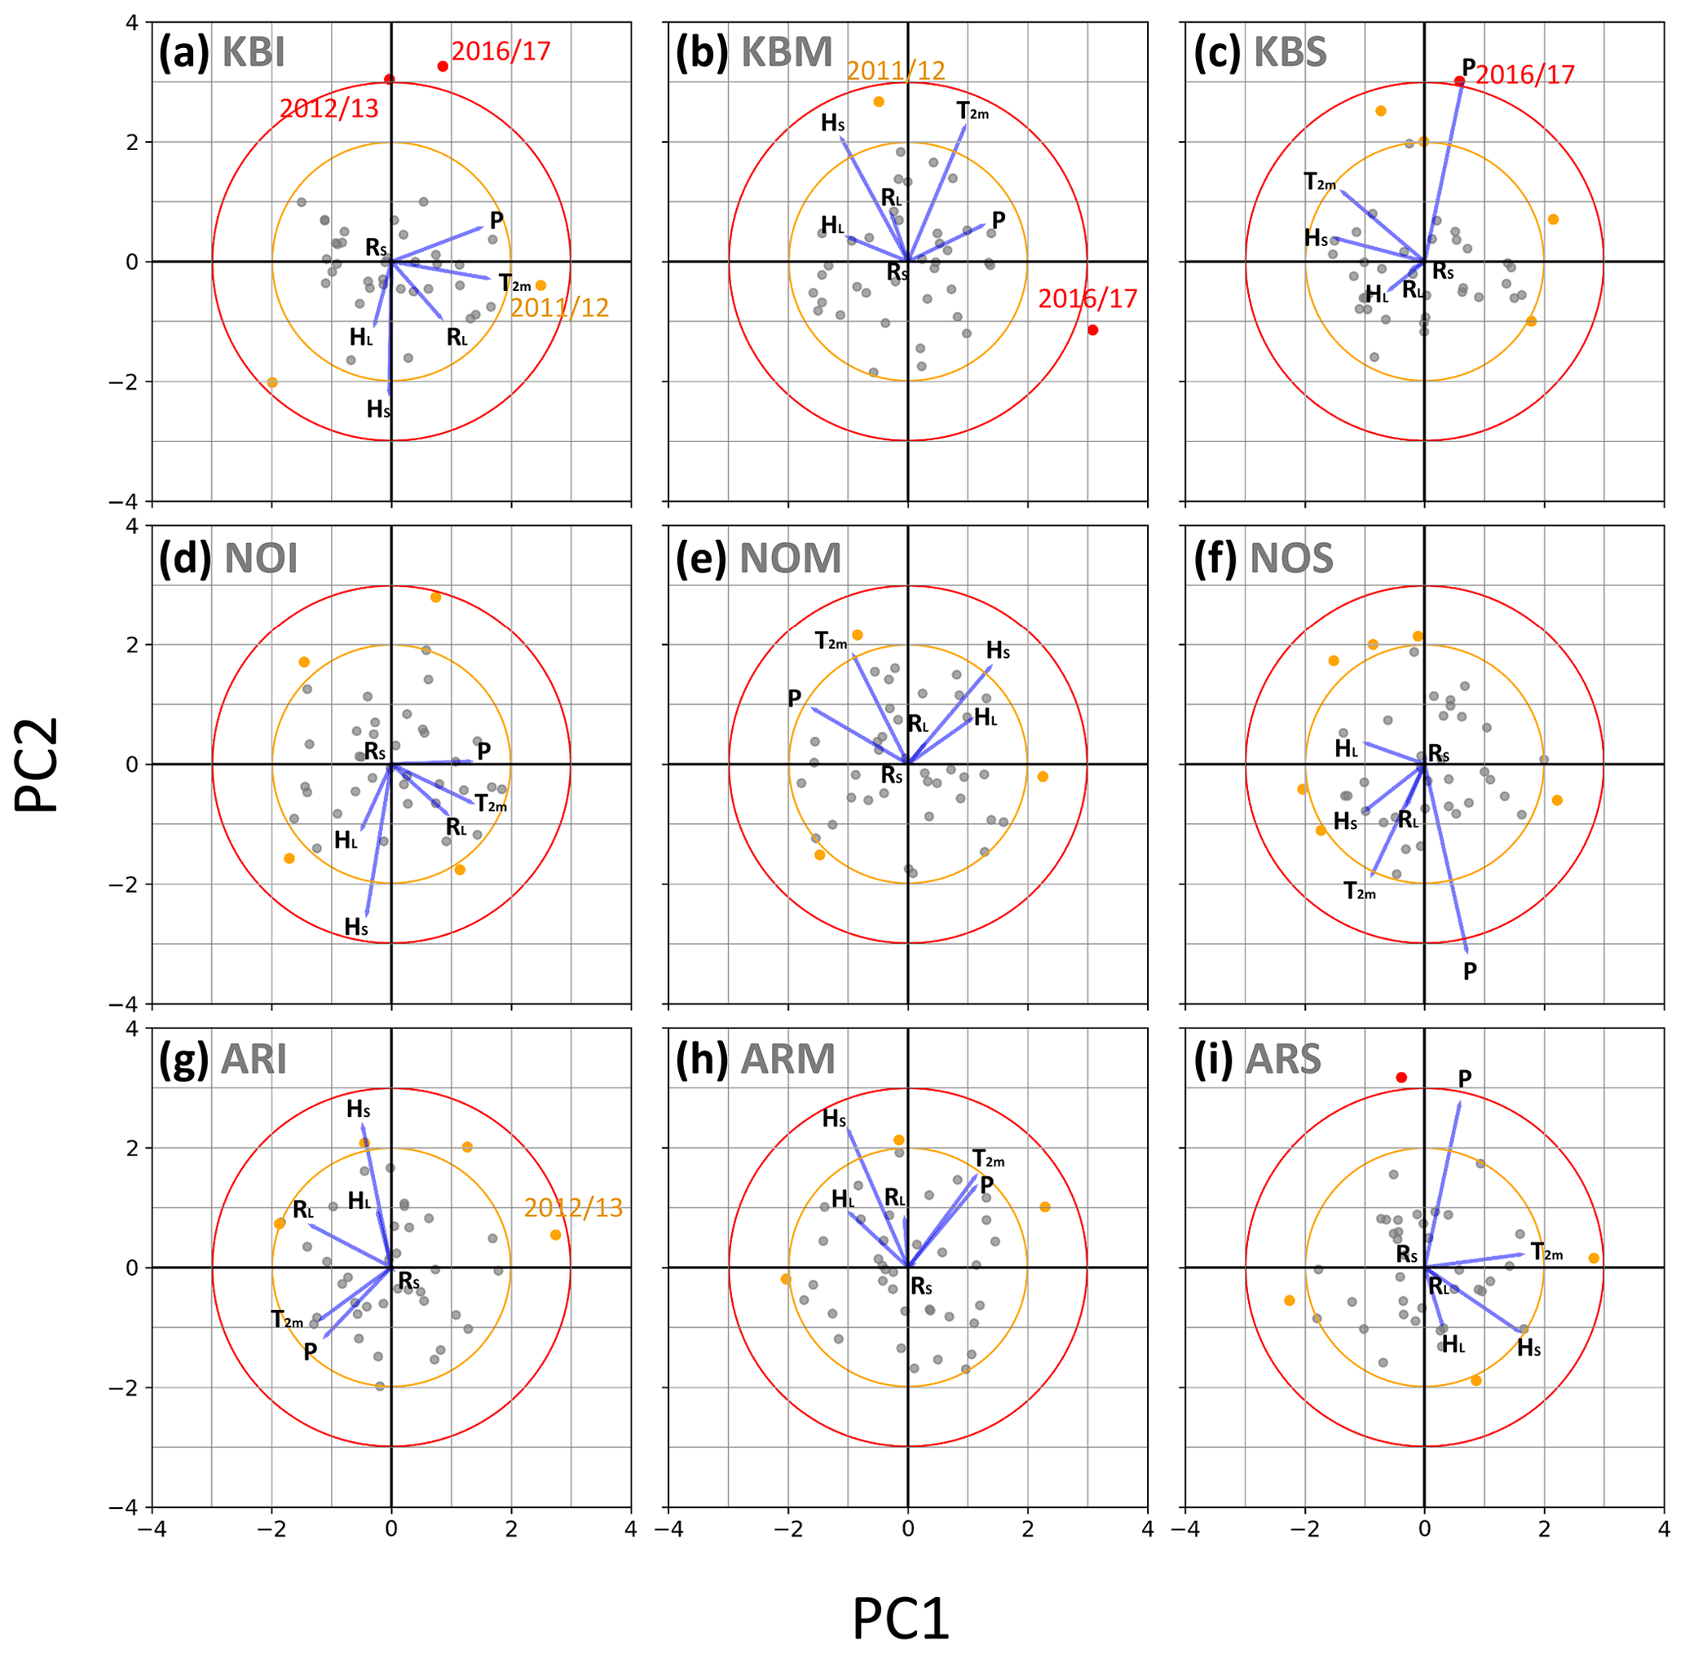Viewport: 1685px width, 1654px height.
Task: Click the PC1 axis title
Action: (x=900, y=1617)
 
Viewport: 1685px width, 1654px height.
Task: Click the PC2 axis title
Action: (x=37, y=765)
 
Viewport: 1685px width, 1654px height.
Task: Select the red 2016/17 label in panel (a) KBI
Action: (x=501, y=51)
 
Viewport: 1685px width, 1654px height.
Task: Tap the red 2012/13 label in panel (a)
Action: (x=329, y=108)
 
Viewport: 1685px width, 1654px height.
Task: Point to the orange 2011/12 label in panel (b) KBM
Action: (x=895, y=70)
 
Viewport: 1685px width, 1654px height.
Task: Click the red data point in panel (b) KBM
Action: (x=1092, y=330)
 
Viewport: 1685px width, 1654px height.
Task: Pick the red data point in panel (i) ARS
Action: (x=1401, y=1077)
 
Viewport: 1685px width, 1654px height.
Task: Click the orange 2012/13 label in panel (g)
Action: (x=573, y=1207)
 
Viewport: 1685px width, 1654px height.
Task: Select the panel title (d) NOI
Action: (x=228, y=558)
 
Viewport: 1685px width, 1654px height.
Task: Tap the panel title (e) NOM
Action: (x=758, y=558)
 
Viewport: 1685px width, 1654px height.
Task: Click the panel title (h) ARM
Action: (x=756, y=1060)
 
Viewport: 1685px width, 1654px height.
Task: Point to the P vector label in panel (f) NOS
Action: (x=1470, y=971)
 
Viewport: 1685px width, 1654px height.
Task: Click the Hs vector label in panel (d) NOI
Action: (x=356, y=927)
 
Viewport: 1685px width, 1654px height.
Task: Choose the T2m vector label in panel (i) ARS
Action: (x=1547, y=1252)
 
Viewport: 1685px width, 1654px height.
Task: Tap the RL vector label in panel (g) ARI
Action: (x=303, y=1209)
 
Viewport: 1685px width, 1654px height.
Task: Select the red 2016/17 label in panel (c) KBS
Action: (x=1525, y=75)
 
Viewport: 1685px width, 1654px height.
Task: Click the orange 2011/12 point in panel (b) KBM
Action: (x=878, y=102)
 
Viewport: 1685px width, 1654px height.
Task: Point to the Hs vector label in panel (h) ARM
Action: (x=834, y=1119)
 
